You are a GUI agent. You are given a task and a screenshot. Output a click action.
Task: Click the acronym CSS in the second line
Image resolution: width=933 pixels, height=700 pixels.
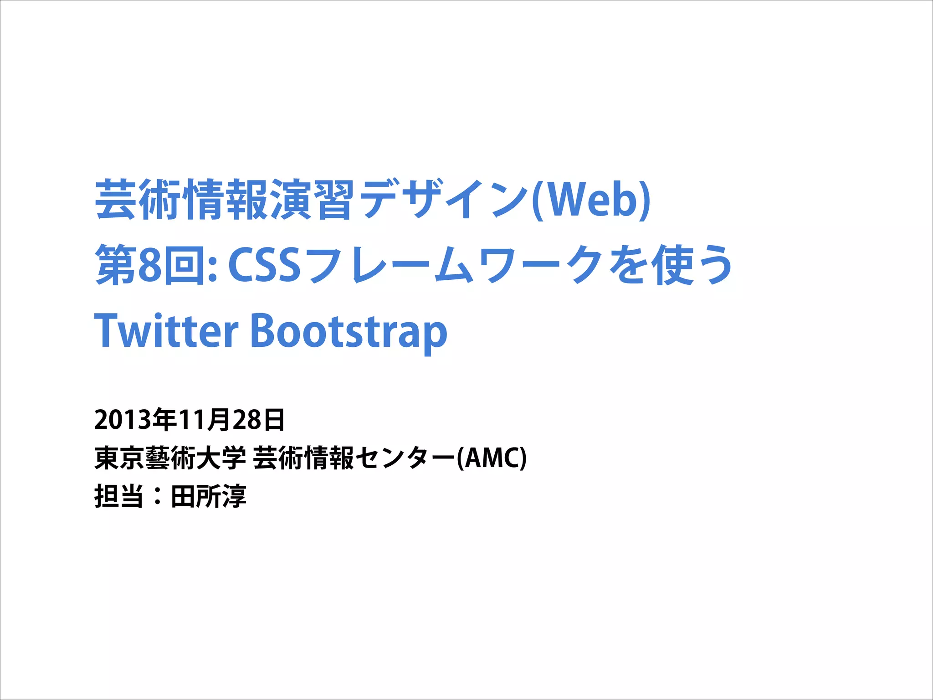click(264, 265)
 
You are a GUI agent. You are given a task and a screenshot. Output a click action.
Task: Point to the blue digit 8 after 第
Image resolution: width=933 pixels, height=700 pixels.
click(150, 265)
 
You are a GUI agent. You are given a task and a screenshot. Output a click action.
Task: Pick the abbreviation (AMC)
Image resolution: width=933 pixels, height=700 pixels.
click(492, 458)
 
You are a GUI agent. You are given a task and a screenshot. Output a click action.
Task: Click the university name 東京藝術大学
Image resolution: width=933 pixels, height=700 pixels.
click(170, 458)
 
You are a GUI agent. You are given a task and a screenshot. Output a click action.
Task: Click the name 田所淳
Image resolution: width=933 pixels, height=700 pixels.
click(208, 496)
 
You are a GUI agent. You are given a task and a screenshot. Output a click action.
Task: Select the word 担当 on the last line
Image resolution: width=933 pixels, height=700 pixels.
click(119, 496)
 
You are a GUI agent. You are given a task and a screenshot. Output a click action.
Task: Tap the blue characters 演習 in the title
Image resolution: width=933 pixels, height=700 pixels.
click(312, 200)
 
